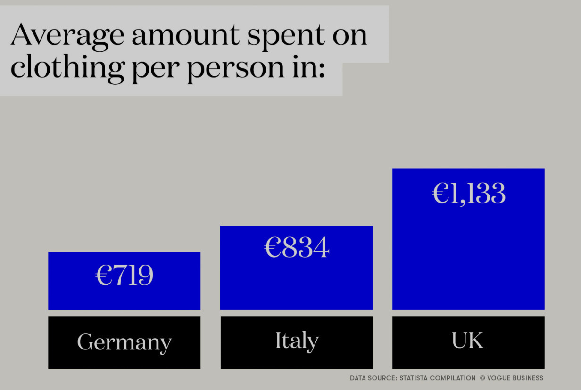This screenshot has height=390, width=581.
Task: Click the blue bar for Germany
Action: click(124, 281)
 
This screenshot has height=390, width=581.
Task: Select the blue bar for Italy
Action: click(297, 268)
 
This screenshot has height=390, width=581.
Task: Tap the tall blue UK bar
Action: click(468, 239)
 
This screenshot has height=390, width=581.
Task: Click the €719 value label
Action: click(124, 275)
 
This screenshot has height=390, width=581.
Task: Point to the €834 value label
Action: click(297, 247)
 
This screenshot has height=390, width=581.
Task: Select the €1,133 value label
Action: click(469, 193)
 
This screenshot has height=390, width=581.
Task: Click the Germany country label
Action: click(124, 342)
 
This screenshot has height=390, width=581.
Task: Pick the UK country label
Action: click(468, 340)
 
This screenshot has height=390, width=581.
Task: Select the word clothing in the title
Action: click(68, 68)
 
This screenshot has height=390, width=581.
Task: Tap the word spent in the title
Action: click(286, 37)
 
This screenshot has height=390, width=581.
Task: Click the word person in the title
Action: click(236, 70)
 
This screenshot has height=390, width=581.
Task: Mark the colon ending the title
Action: click(322, 70)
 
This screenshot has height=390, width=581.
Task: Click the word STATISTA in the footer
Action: click(414, 378)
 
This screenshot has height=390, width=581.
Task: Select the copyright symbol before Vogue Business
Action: click(482, 378)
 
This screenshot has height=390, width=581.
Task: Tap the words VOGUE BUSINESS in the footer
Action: click(515, 378)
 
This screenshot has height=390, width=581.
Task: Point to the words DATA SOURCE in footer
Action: click(373, 378)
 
